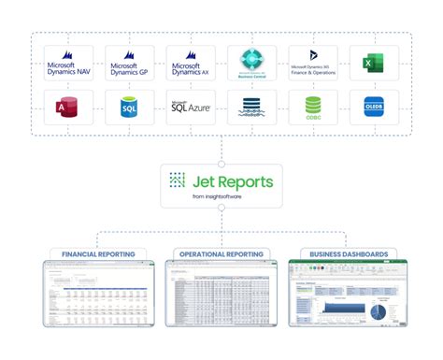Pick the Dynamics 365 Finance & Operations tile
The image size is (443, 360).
[314, 64]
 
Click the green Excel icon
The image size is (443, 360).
[371, 64]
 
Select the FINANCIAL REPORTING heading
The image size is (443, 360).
[99, 254]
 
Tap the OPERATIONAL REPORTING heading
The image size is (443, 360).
[221, 254]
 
